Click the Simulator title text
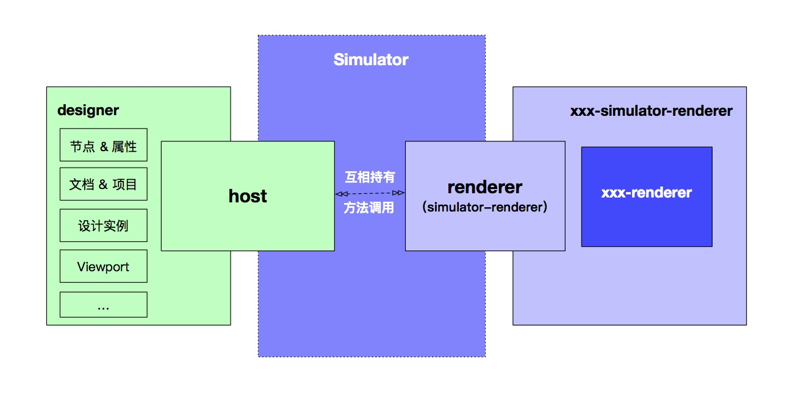tap(370, 60)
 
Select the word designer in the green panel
tap(88, 110)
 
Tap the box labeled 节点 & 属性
tap(103, 146)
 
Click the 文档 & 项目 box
tap(103, 184)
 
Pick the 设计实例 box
tap(103, 226)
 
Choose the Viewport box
tap(103, 266)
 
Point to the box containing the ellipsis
tap(103, 305)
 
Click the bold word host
tap(248, 196)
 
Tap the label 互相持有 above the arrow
tap(370, 177)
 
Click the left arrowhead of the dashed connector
tap(339, 193)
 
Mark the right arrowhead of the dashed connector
tap(401, 193)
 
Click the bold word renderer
tap(484, 187)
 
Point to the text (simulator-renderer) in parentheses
tap(484, 207)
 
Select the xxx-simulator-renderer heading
tap(651, 111)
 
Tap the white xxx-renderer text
tap(646, 193)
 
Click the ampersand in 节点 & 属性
tap(104, 146)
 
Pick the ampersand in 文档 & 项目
tap(104, 184)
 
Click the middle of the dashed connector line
tap(370, 193)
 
